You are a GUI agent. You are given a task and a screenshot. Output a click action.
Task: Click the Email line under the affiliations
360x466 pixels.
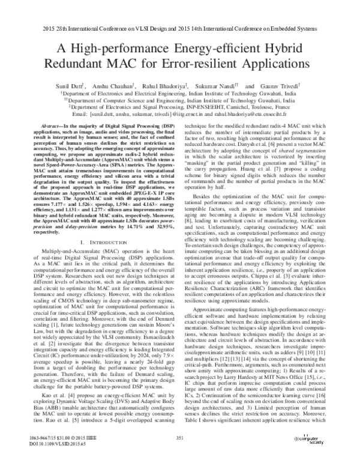pos(179,113)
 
